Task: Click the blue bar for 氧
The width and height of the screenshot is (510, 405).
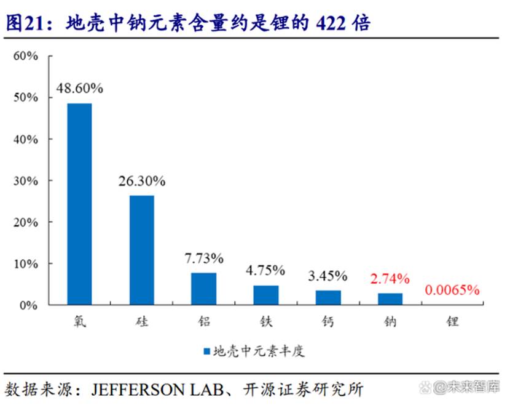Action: (79, 204)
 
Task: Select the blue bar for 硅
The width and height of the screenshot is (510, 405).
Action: (142, 250)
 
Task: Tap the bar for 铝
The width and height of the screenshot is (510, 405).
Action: (204, 289)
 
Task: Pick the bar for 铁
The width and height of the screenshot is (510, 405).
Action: (266, 295)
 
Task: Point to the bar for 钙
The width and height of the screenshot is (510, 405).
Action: (328, 297)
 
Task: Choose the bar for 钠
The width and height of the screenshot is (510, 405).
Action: (390, 299)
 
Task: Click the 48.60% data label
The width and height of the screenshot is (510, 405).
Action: (79, 88)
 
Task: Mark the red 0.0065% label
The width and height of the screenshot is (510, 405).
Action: (452, 290)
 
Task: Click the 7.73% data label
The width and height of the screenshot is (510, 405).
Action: (204, 258)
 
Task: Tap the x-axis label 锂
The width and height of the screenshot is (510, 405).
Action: (452, 321)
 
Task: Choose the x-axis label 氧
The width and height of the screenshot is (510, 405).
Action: (79, 321)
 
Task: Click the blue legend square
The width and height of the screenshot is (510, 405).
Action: (206, 351)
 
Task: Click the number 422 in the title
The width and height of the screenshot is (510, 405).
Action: (333, 23)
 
